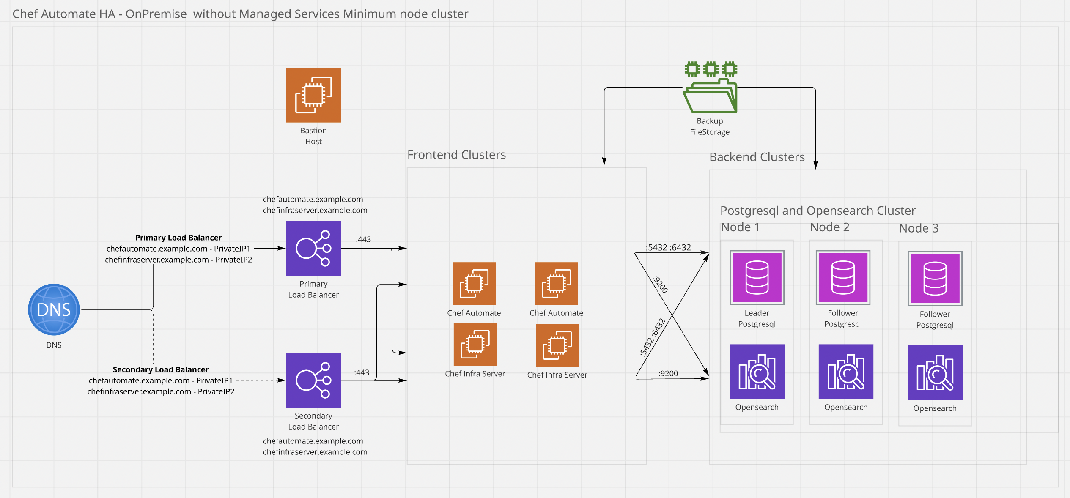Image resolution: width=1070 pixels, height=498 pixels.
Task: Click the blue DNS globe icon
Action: tap(54, 309)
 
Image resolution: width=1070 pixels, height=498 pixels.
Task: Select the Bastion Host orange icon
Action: tap(313, 95)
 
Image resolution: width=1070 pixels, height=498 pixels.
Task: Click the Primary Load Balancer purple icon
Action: tap(313, 248)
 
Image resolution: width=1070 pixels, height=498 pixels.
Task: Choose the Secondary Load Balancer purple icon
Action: tap(313, 380)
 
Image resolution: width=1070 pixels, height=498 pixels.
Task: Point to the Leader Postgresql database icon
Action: tap(757, 277)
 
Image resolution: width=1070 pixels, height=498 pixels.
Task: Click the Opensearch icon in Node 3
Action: tap(935, 373)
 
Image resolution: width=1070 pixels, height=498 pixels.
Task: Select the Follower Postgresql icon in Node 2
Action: tap(843, 277)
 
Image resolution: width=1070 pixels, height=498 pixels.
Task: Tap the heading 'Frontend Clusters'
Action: tap(456, 155)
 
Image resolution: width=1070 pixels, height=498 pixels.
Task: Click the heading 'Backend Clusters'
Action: tap(757, 157)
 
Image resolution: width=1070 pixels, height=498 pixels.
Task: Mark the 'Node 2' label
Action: tap(829, 227)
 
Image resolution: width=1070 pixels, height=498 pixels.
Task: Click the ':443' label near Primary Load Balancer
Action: tap(363, 239)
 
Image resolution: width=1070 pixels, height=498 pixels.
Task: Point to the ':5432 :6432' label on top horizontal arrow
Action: tap(668, 247)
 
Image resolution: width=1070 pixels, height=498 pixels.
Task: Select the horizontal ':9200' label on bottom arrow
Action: tap(668, 373)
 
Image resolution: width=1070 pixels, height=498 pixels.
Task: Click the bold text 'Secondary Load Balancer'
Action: tap(161, 369)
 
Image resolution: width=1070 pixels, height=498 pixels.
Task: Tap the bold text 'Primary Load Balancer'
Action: tap(178, 238)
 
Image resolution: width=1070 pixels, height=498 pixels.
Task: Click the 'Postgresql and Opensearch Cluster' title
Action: tap(818, 211)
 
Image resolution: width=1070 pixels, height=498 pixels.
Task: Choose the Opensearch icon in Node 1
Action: tap(757, 372)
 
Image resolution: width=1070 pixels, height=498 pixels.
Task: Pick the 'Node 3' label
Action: tap(919, 228)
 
